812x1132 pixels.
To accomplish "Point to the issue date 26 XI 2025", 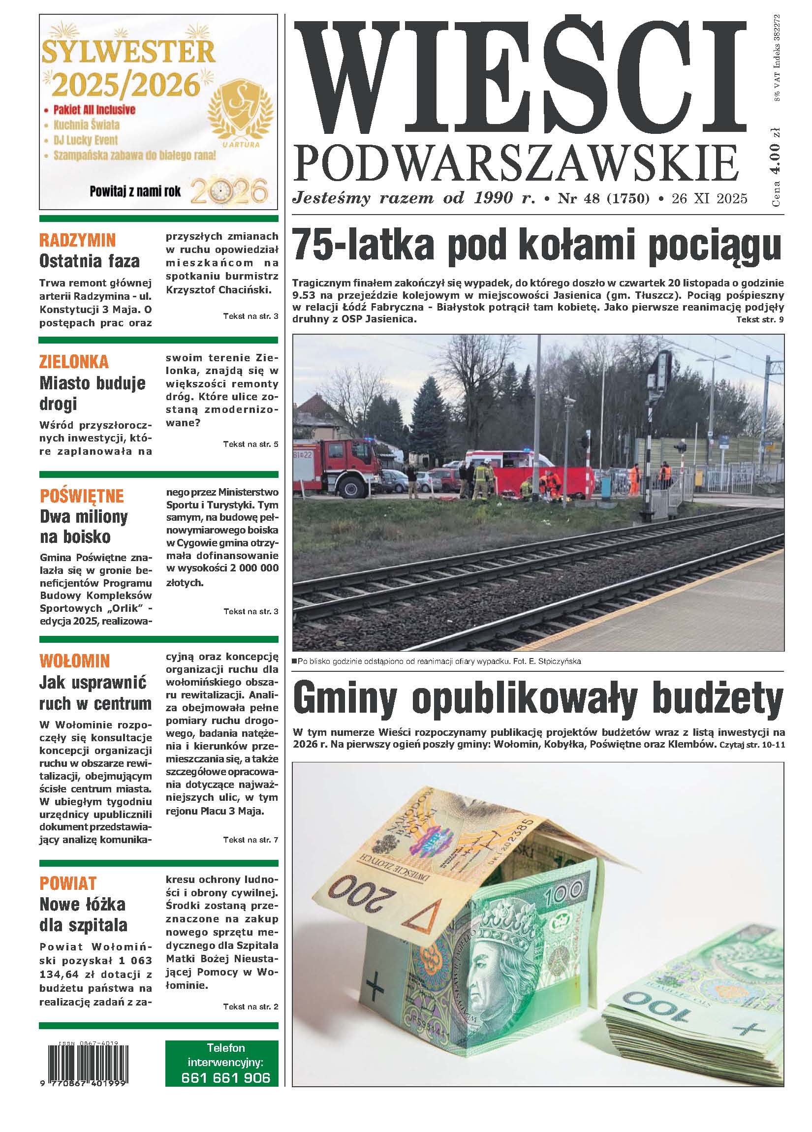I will point(709,199).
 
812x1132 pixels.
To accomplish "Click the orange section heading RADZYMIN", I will point(77,240).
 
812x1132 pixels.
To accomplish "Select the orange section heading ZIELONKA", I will point(74,361).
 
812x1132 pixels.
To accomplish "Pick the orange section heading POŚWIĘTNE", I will point(82,496).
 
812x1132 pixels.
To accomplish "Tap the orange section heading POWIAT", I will point(68,883).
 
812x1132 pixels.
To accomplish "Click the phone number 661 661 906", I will point(225,1091).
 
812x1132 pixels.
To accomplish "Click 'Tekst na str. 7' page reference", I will point(250,840).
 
